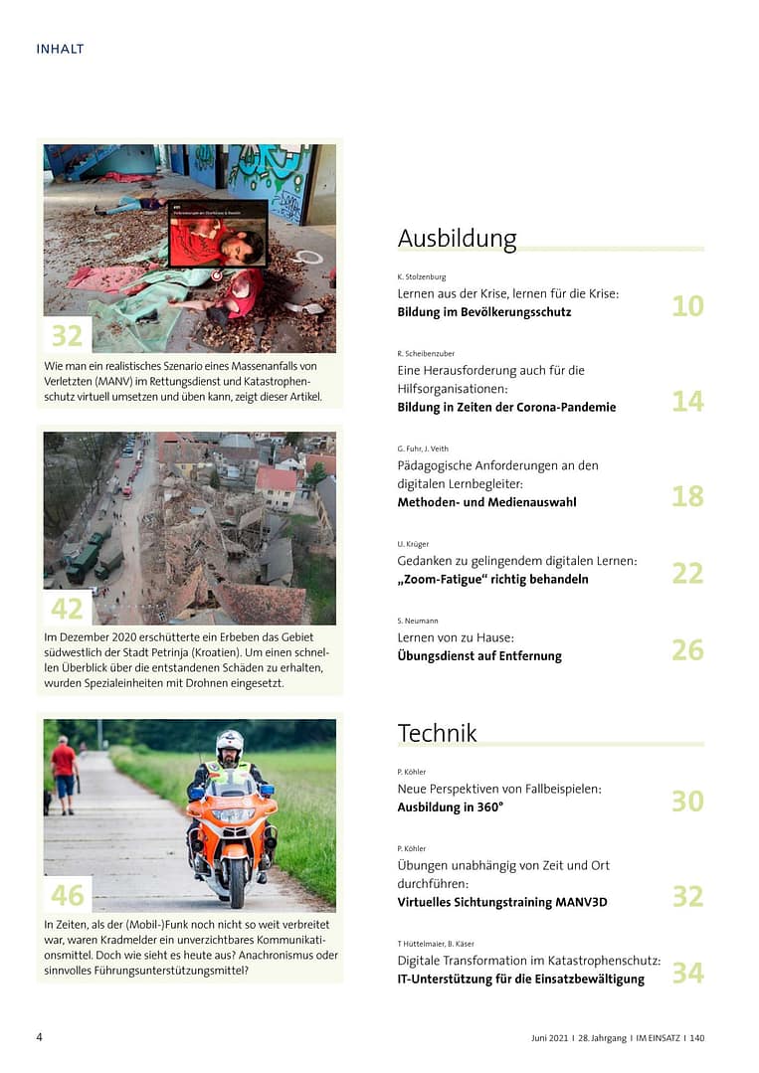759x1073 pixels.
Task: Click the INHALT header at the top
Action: (x=60, y=49)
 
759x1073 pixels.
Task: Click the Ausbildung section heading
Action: (x=457, y=239)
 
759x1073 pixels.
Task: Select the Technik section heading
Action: (x=437, y=733)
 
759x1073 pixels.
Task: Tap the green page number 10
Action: (x=687, y=306)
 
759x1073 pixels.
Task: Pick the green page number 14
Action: (x=687, y=401)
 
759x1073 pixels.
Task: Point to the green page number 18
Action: (x=687, y=496)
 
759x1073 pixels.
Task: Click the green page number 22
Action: (x=687, y=573)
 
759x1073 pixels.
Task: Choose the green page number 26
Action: (x=687, y=650)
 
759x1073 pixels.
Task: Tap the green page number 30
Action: (x=687, y=801)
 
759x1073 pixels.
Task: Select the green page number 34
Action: (x=687, y=973)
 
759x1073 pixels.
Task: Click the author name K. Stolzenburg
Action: (x=422, y=276)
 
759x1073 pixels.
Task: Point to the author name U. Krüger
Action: (x=413, y=544)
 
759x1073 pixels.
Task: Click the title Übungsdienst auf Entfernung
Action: (x=479, y=656)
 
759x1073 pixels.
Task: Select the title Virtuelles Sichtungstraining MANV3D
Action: (x=501, y=902)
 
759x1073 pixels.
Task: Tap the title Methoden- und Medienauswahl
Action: (x=486, y=502)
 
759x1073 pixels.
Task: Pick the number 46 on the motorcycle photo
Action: (x=67, y=895)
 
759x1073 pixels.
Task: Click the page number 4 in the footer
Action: (x=40, y=1037)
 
